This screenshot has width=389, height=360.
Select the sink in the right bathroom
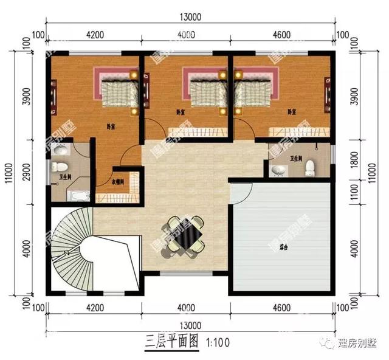coord(278,170)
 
